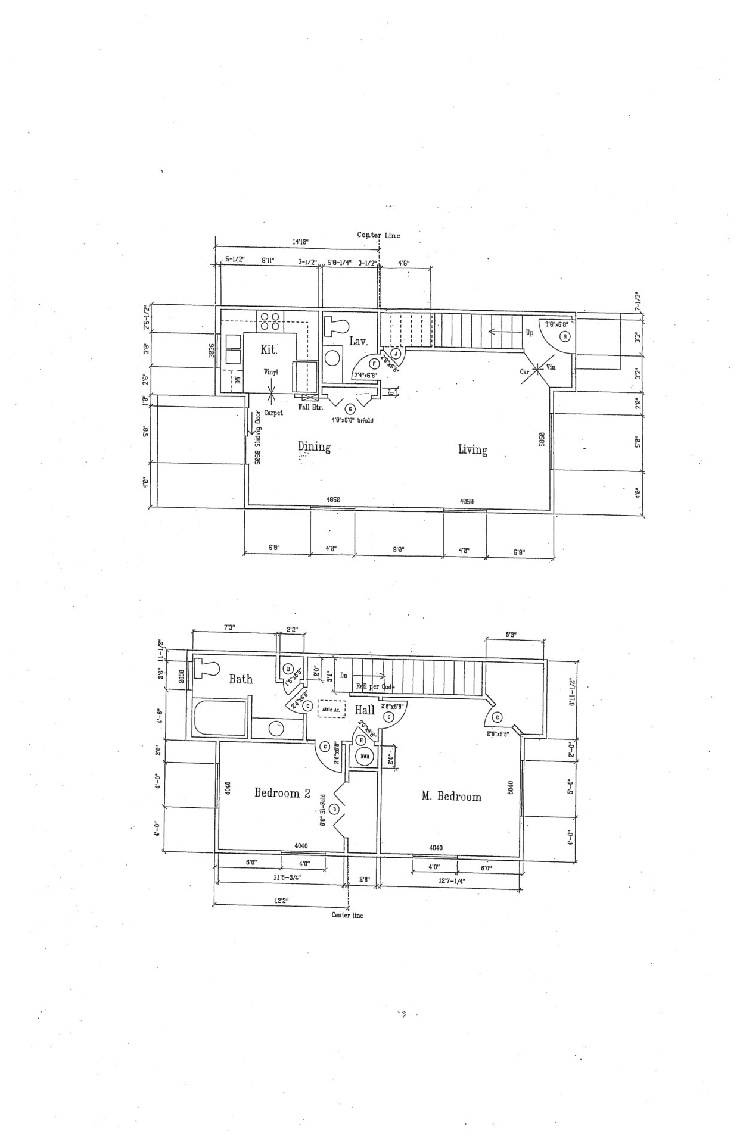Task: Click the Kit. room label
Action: pyautogui.click(x=269, y=350)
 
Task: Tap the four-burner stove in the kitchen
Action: pyautogui.click(x=270, y=321)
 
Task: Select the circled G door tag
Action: pyautogui.click(x=350, y=409)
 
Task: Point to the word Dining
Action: pyautogui.click(x=314, y=447)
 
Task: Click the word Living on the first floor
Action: pyautogui.click(x=472, y=449)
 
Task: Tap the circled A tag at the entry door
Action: pyautogui.click(x=565, y=336)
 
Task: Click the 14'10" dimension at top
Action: pyautogui.click(x=300, y=242)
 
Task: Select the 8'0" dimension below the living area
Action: pyautogui.click(x=399, y=551)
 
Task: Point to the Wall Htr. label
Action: pyautogui.click(x=310, y=407)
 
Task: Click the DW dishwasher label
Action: pyautogui.click(x=238, y=379)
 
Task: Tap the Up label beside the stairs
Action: pyautogui.click(x=529, y=333)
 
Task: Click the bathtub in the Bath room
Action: pyautogui.click(x=219, y=719)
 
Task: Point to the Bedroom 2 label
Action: pyautogui.click(x=282, y=793)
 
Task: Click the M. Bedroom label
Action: pyautogui.click(x=451, y=797)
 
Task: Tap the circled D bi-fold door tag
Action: pyautogui.click(x=334, y=809)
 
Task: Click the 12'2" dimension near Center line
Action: pyautogui.click(x=281, y=901)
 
